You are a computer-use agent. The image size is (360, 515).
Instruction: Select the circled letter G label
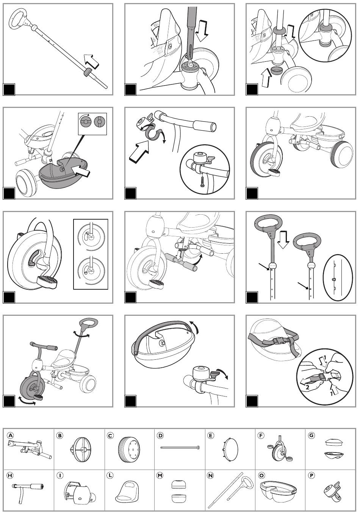pyautogui.click(x=311, y=435)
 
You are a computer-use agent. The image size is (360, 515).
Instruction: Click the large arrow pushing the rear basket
pyautogui.click(x=81, y=170)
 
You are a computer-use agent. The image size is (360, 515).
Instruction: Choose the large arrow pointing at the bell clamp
pyautogui.click(x=139, y=152)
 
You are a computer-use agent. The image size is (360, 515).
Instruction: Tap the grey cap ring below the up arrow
pyautogui.click(x=276, y=71)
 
